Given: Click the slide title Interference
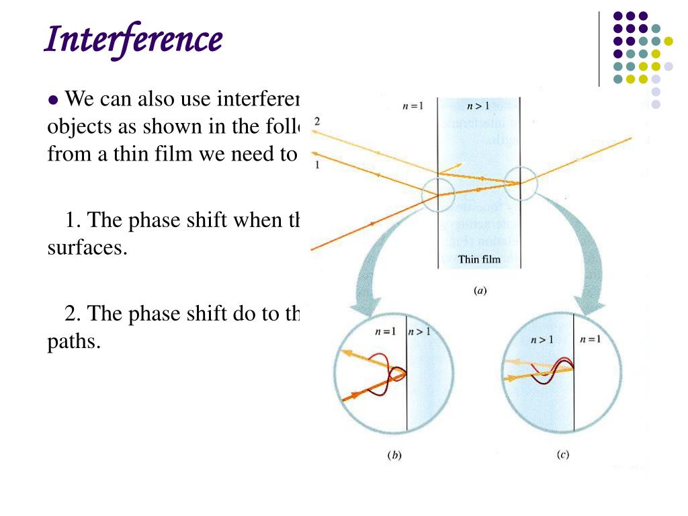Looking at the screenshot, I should tap(133, 40).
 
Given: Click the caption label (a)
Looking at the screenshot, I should tap(480, 291).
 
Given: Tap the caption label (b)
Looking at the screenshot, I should tap(394, 455).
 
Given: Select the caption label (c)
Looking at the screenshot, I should tap(563, 454).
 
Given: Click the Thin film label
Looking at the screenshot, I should tap(479, 259).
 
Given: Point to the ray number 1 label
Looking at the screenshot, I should tap(317, 165).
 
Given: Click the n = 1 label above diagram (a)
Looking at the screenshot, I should tap(411, 107).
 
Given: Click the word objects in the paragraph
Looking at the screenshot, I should tap(76, 128).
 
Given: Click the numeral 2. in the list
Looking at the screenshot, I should tap(73, 314).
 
